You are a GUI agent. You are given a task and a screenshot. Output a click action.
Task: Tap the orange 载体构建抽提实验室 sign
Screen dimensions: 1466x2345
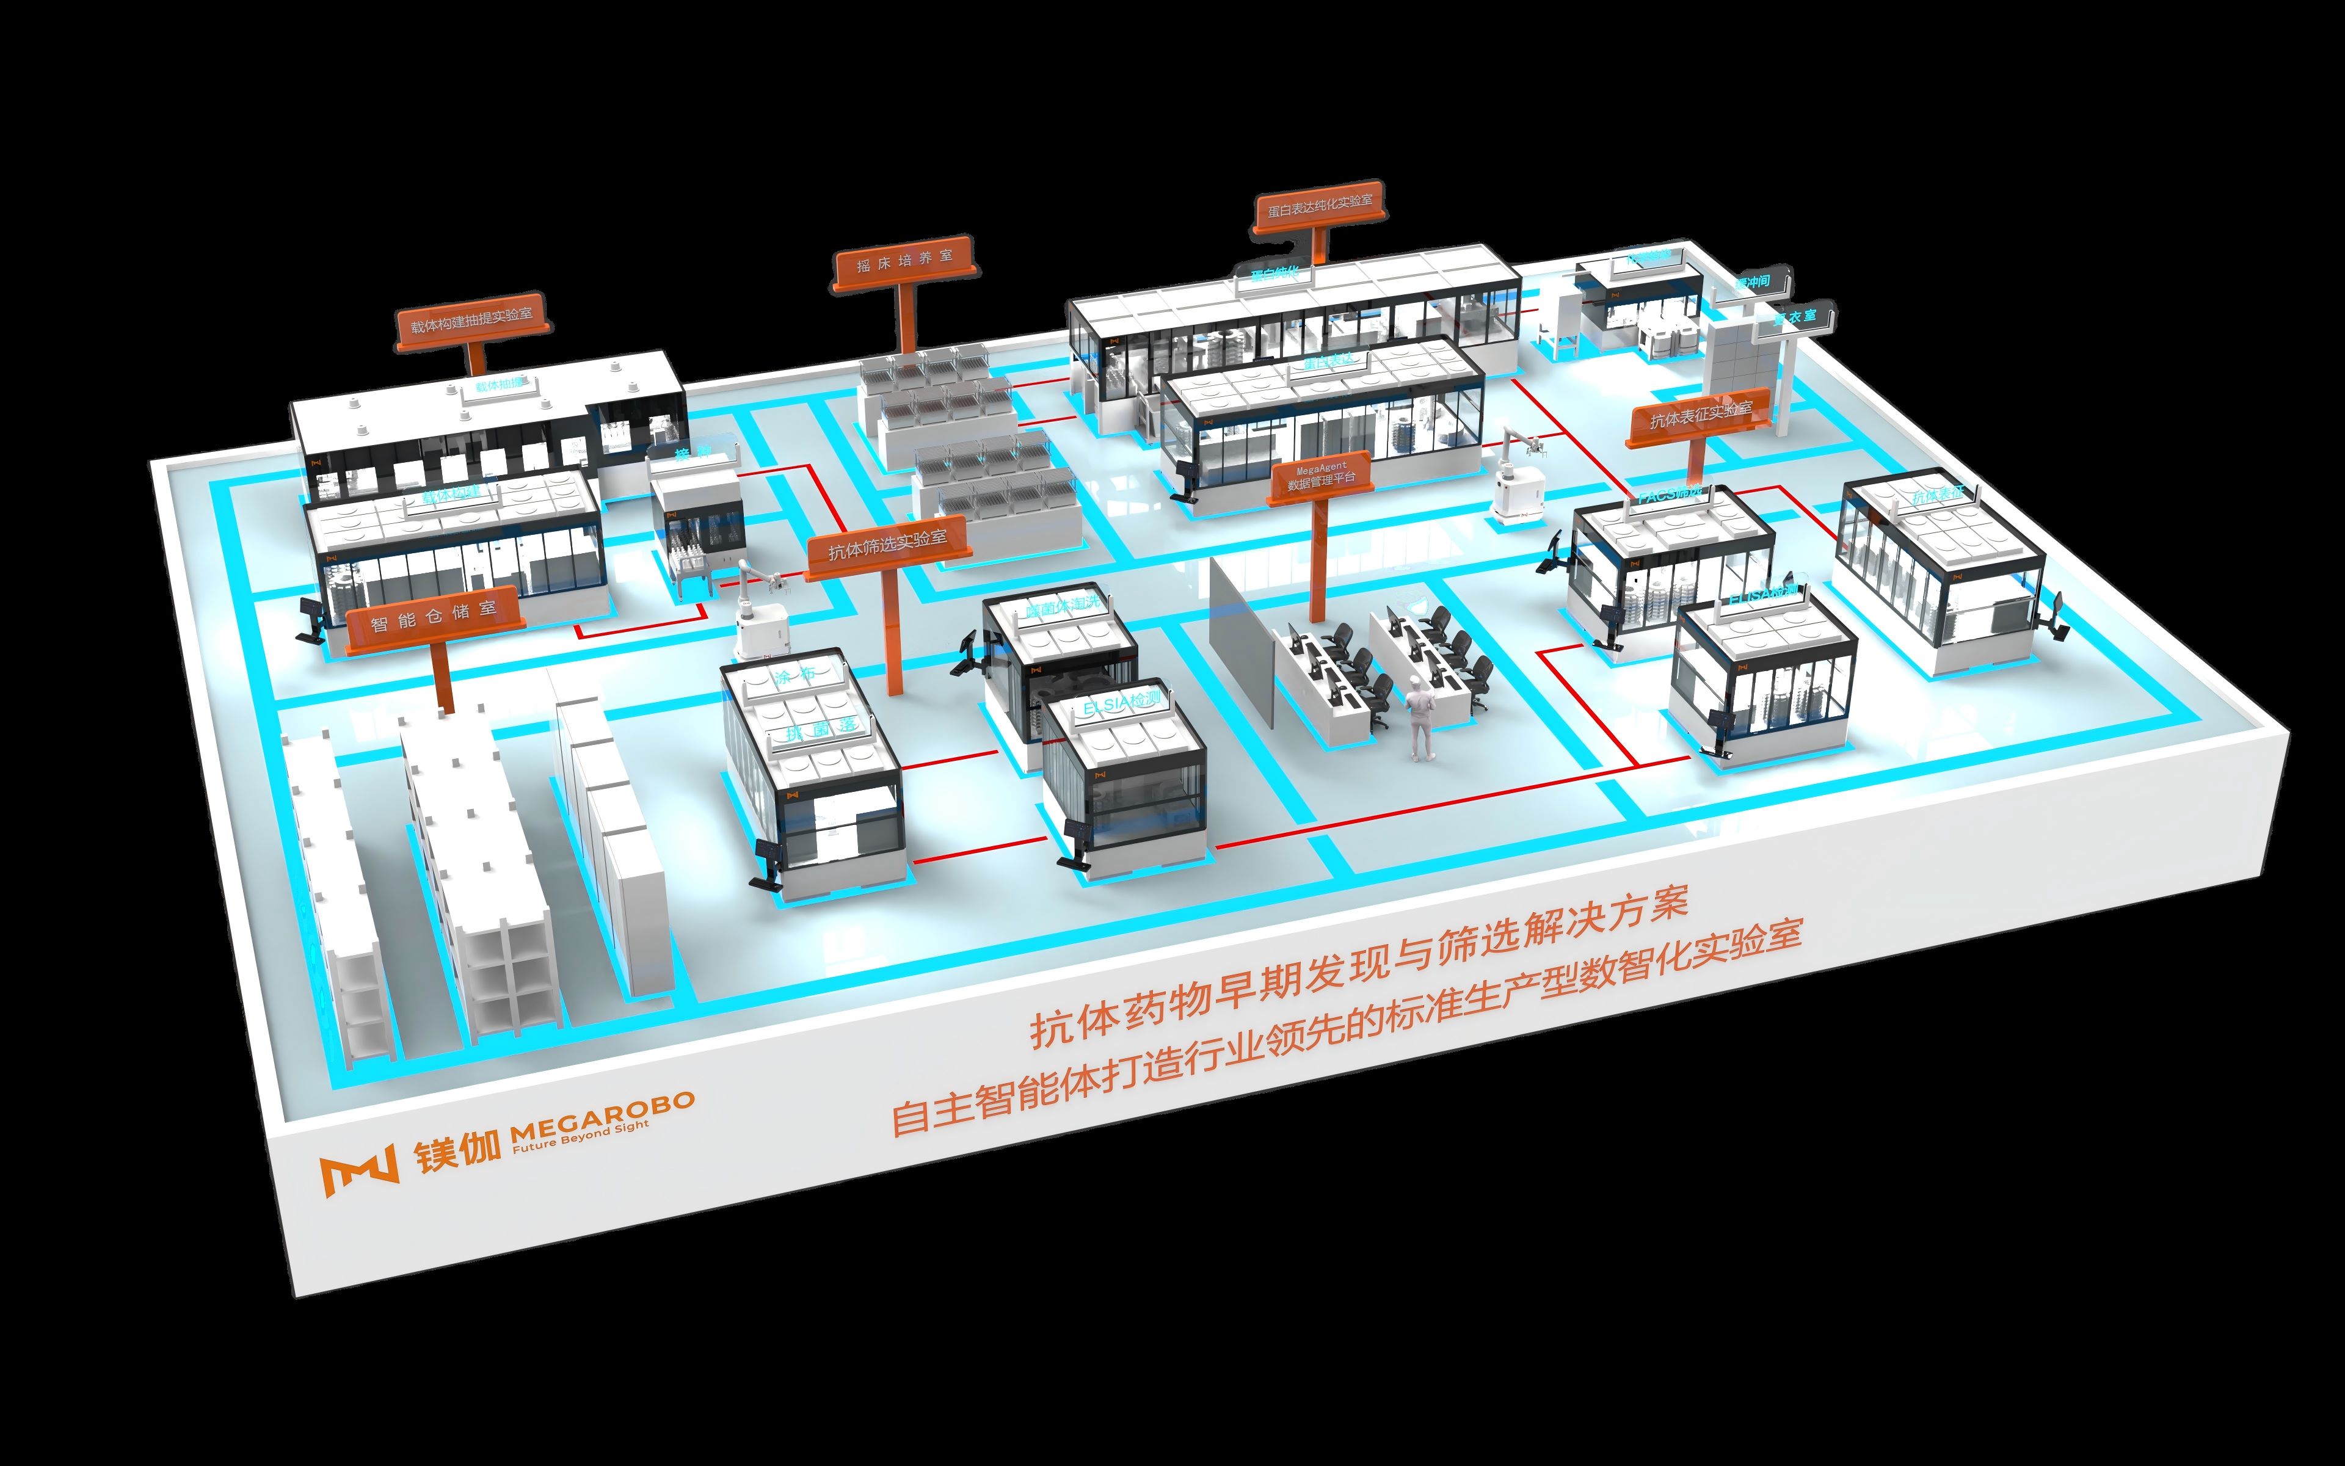click(x=472, y=320)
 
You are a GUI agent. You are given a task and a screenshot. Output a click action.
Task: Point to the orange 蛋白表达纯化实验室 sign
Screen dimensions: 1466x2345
click(x=1319, y=206)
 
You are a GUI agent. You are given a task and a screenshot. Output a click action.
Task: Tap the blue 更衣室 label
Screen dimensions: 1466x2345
click(x=1794, y=317)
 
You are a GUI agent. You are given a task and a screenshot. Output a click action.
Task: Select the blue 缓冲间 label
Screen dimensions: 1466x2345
click(x=1751, y=282)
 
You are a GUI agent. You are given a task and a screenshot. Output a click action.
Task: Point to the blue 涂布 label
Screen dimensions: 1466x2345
click(x=795, y=676)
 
